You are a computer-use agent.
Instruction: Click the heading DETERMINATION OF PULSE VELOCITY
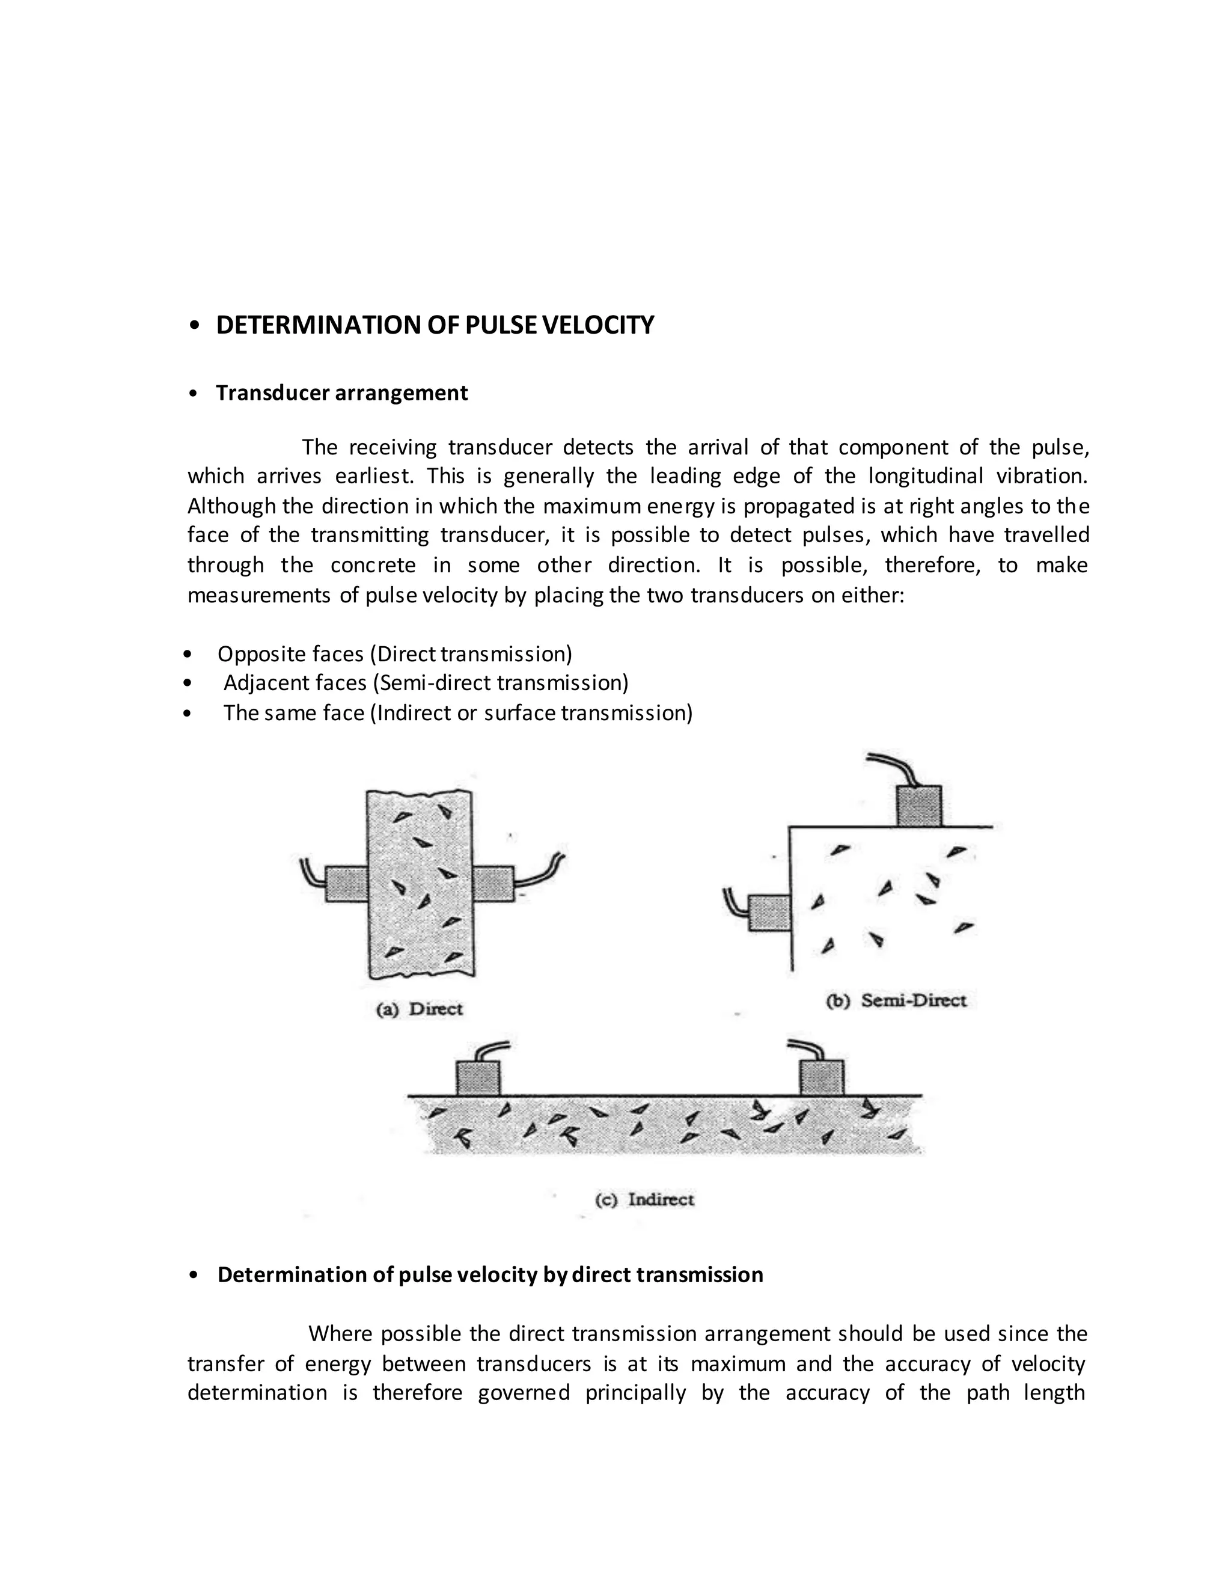click(x=435, y=325)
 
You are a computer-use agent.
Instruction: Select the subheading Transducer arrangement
click(x=341, y=393)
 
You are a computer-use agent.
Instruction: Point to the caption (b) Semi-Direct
click(x=896, y=1000)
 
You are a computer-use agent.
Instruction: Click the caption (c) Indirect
click(x=645, y=1200)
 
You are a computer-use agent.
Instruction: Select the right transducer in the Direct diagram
click(x=493, y=883)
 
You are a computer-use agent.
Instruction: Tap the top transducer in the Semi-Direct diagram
click(x=919, y=806)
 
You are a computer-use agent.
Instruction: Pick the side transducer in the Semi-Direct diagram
click(x=769, y=913)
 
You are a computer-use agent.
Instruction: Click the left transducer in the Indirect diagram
click(x=478, y=1079)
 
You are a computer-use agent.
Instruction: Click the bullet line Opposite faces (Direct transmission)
click(x=394, y=654)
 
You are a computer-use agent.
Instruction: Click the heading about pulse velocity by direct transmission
click(x=490, y=1275)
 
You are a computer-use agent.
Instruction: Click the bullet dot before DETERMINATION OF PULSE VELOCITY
click(x=194, y=326)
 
